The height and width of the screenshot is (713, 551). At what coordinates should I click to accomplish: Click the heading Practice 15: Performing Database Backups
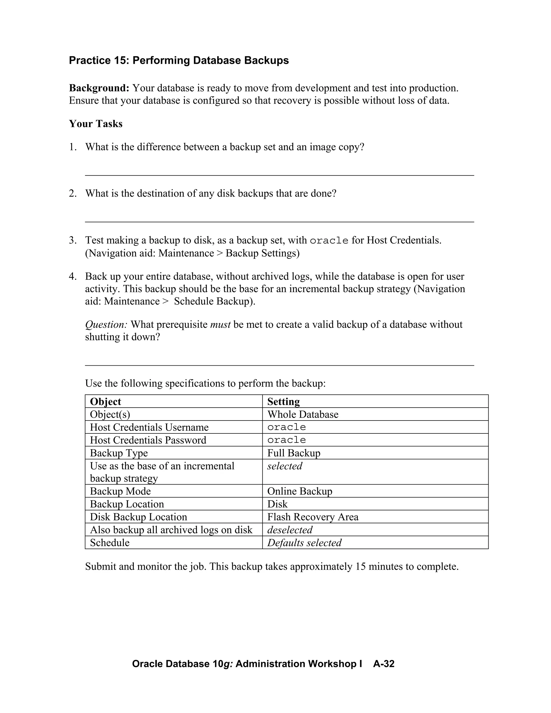179,60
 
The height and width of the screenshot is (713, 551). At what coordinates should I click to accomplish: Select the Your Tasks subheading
95,124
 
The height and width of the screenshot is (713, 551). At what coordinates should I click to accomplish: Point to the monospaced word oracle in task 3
329,241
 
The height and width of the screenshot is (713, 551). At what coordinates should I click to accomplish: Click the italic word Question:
106,324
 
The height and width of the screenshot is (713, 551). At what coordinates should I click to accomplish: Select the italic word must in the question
220,324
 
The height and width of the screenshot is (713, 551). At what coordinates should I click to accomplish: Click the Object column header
105,401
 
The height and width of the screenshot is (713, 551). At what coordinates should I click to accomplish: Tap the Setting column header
283,401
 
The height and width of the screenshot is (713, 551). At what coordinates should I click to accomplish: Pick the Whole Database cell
303,414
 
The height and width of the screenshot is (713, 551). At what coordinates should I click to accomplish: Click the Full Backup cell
294,453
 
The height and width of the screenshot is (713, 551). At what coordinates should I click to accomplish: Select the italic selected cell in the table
285,466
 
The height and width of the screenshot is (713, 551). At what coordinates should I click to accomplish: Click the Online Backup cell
299,491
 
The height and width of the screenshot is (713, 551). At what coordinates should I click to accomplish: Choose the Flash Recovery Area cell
312,517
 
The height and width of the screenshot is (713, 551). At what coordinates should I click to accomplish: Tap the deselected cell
289,530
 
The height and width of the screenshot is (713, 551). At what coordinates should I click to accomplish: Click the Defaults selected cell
304,543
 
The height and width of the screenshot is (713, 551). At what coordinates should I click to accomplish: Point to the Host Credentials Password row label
148,440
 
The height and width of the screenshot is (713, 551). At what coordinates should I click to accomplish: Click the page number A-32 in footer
384,664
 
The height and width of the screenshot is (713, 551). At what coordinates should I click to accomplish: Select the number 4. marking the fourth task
72,277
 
